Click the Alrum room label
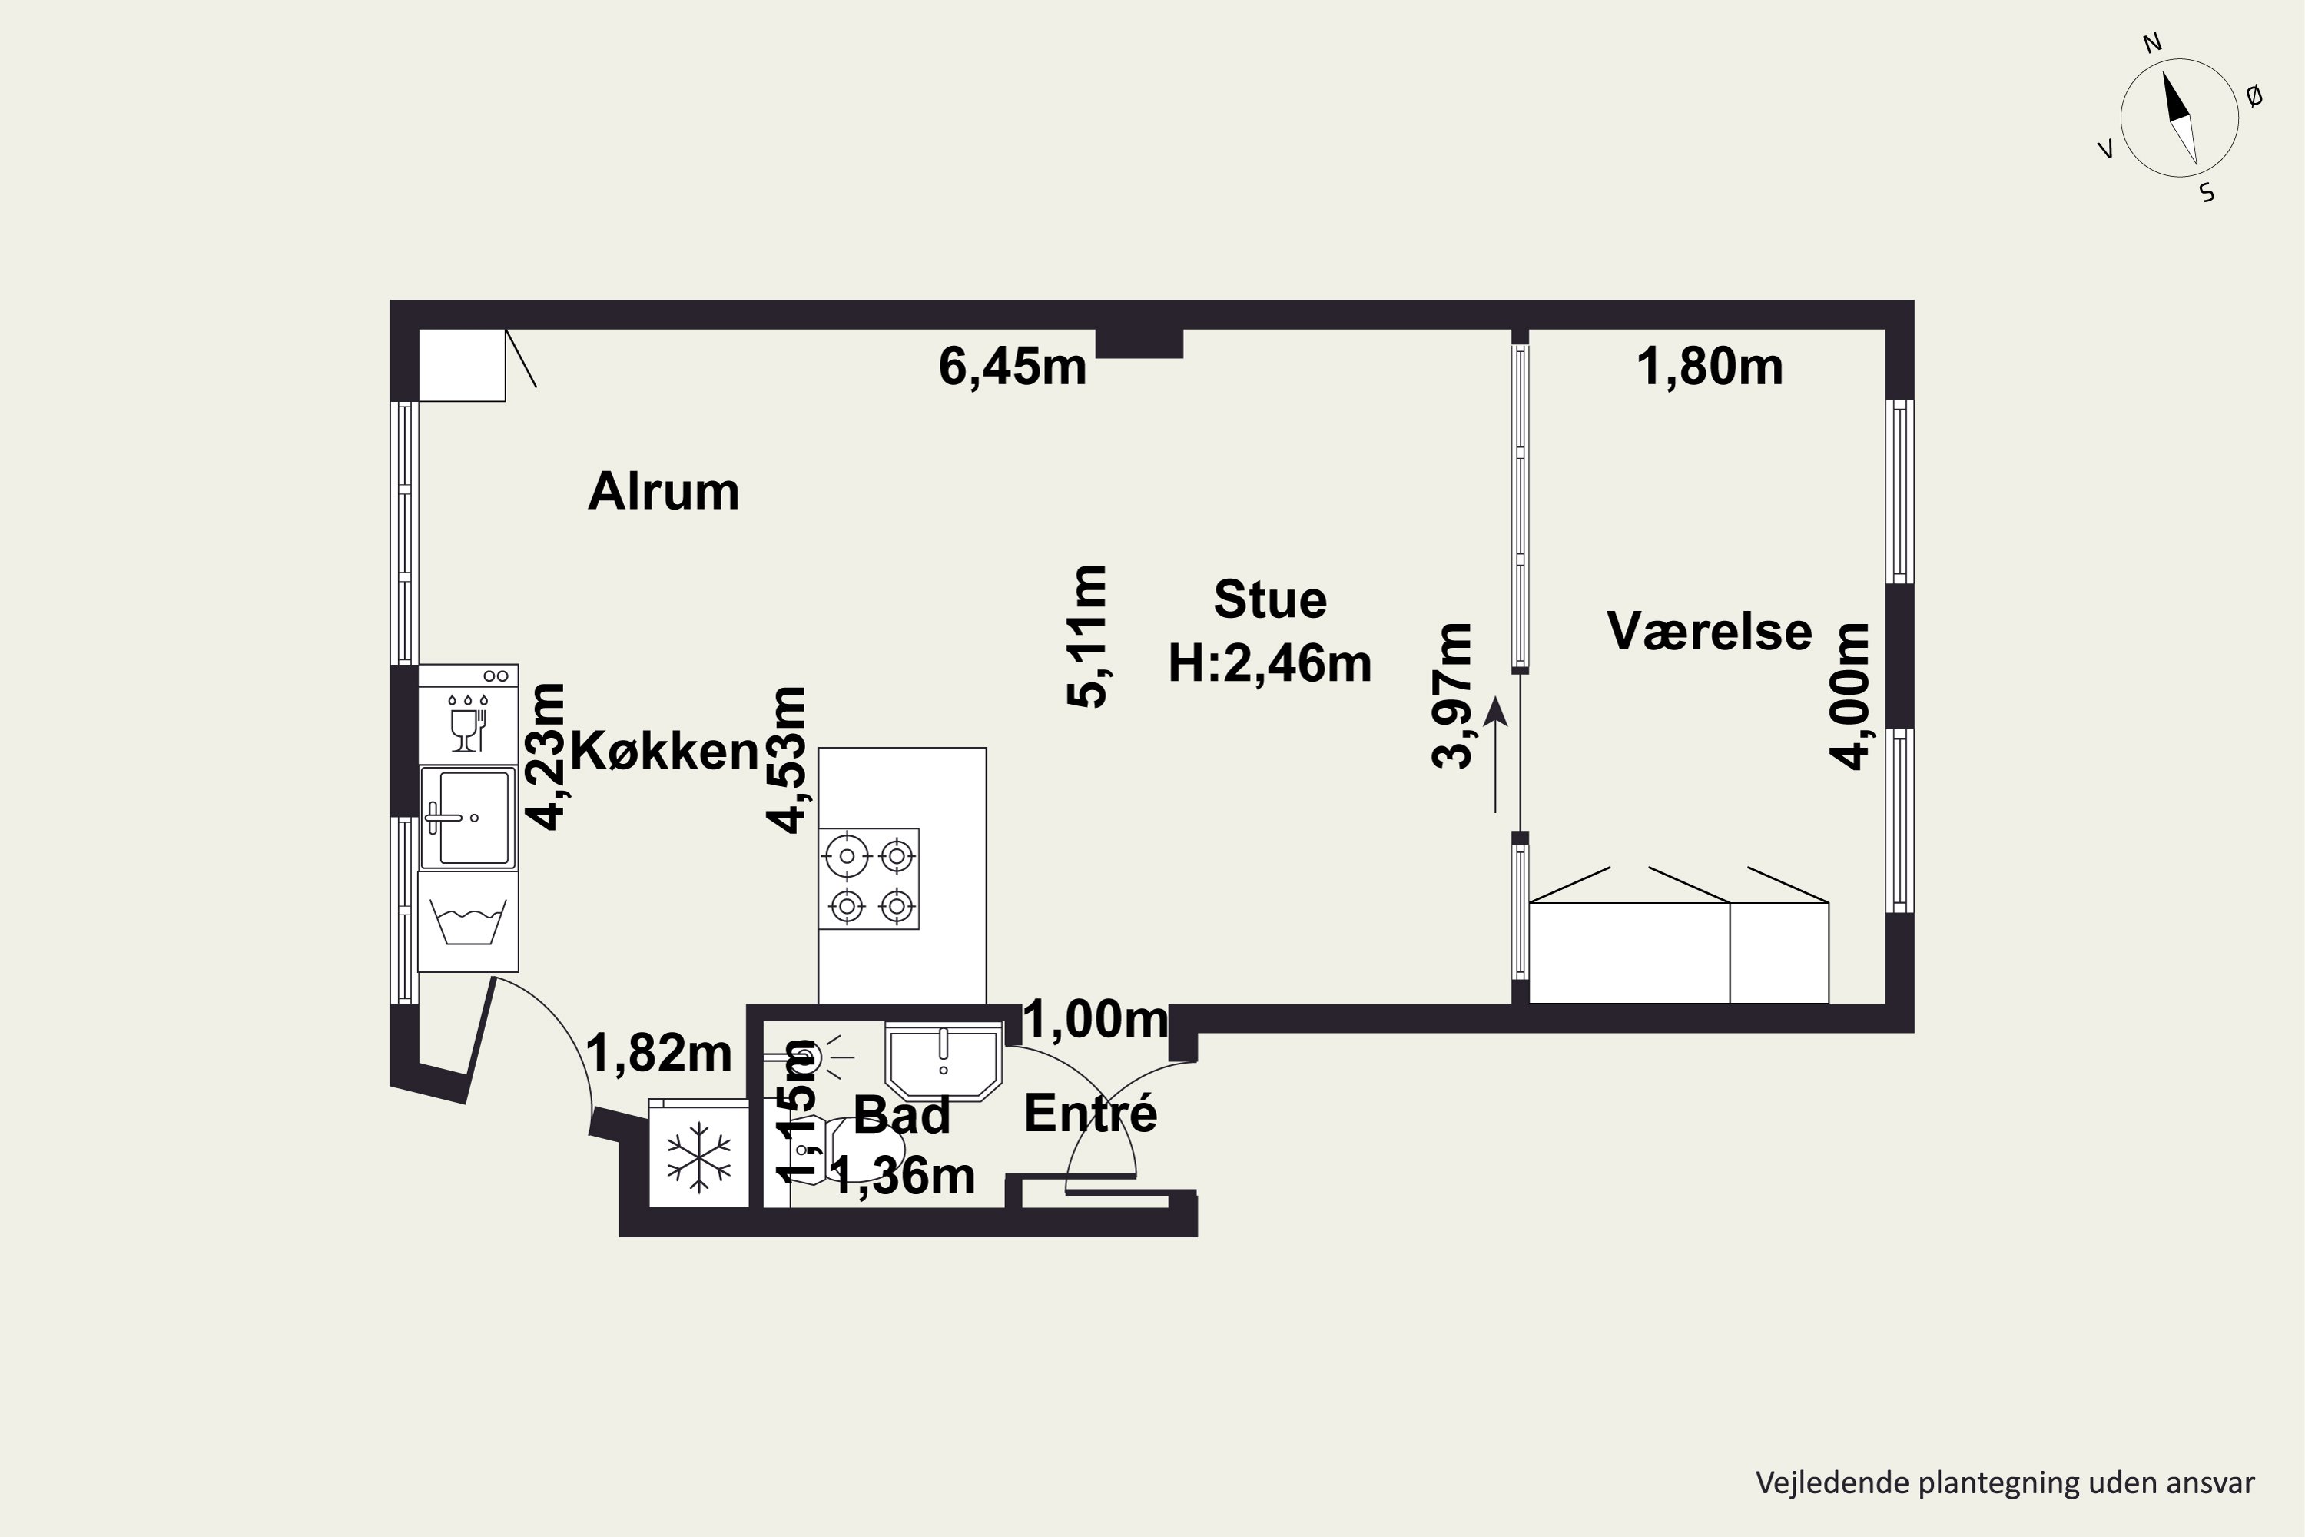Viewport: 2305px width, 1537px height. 664,491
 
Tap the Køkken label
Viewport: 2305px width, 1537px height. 665,752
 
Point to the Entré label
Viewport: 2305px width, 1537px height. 1091,1113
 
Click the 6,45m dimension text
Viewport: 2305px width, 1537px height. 1013,367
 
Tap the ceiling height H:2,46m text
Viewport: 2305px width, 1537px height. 1270,664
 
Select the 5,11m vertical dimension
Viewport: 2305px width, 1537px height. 1087,636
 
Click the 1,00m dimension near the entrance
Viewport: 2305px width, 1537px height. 1096,1020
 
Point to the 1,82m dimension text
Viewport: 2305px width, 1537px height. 658,1054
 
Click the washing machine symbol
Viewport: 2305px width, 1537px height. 469,921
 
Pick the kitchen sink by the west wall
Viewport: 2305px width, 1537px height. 469,818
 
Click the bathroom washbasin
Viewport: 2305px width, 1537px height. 944,1060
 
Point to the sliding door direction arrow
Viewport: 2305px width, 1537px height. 1495,755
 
